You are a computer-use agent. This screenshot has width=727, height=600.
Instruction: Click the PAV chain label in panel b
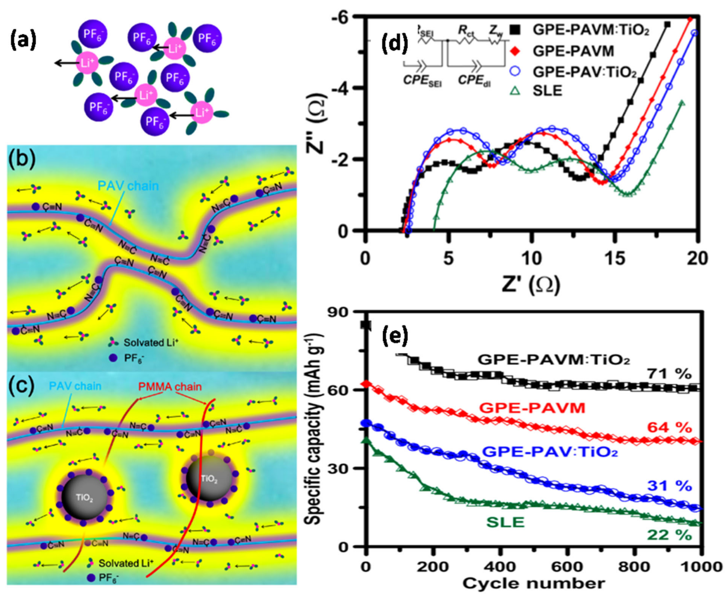pos(128,186)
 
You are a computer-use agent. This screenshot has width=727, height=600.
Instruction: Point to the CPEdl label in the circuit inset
pos(474,81)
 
